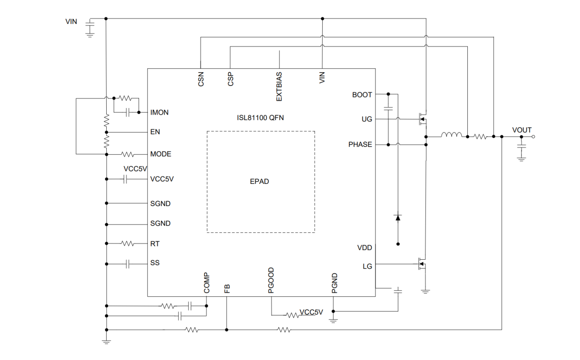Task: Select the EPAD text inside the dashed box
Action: click(259, 182)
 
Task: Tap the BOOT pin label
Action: click(362, 95)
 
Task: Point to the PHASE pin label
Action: click(360, 145)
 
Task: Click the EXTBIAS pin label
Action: click(279, 86)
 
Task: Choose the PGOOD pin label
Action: click(271, 280)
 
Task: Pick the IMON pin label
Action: click(159, 112)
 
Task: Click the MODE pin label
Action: click(160, 154)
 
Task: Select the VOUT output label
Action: click(522, 130)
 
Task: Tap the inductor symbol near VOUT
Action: click(451, 135)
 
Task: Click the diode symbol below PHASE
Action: click(398, 217)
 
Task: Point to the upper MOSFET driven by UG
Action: click(422, 119)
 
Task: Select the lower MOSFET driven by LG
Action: click(422, 264)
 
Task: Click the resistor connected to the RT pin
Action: click(127, 243)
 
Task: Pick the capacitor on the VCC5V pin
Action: click(125, 179)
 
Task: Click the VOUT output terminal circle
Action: click(533, 137)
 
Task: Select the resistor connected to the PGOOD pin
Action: click(292, 315)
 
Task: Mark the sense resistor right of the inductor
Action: click(480, 137)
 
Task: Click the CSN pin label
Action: click(201, 79)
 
